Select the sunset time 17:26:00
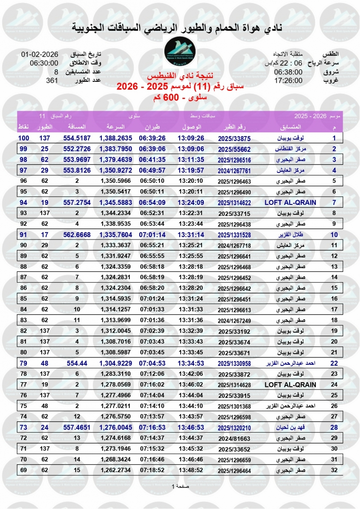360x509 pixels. click(288, 80)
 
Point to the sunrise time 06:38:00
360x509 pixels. click(288, 72)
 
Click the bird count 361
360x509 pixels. click(51, 80)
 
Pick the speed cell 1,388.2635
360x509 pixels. click(116, 138)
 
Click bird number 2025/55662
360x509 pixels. click(234, 149)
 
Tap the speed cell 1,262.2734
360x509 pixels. click(116, 470)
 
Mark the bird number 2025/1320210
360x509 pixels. click(234, 427)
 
